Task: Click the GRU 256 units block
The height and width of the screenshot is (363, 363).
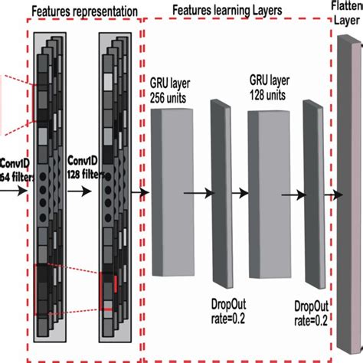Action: (x=172, y=191)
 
